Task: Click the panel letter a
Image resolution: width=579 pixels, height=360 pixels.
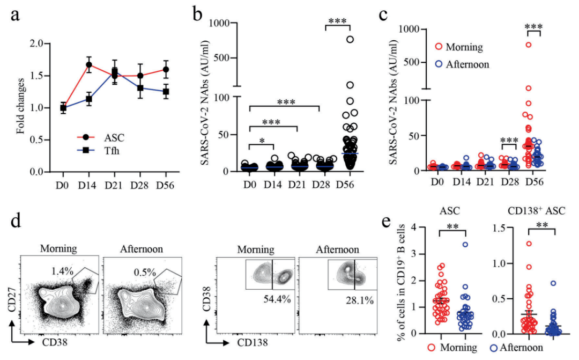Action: click(17, 16)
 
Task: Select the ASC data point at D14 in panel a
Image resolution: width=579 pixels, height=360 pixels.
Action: click(89, 65)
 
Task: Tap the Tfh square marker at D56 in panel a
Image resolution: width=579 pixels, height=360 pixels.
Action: click(166, 92)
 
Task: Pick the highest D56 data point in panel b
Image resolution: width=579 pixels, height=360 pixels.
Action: click(350, 39)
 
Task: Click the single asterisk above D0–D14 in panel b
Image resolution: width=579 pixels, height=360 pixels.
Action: click(262, 140)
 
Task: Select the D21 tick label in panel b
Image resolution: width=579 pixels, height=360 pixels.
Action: click(299, 184)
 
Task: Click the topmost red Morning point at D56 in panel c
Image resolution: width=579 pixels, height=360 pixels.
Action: click(529, 45)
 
